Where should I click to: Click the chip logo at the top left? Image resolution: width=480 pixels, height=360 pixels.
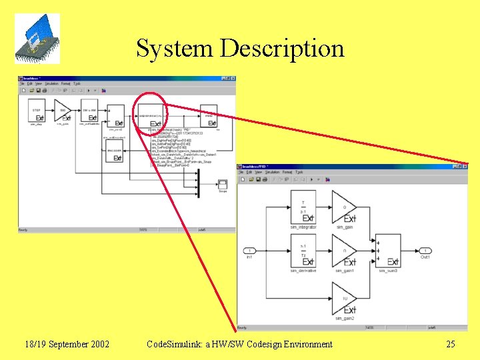point(37,38)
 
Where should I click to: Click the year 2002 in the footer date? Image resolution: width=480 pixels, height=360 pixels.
point(98,344)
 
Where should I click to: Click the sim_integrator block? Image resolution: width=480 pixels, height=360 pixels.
point(303,208)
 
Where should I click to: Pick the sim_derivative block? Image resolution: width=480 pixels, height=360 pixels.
point(303,251)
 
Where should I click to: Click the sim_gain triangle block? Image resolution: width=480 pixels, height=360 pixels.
point(344,208)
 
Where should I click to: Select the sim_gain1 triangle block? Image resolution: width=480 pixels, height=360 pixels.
point(344,251)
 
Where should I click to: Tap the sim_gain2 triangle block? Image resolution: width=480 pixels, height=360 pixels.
point(344,299)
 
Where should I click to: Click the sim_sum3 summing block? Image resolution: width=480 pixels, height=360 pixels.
point(388,251)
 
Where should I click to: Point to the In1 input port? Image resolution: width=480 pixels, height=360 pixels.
point(249,251)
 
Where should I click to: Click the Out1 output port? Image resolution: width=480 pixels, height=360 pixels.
point(425,251)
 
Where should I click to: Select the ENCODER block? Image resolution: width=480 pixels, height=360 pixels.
point(114,154)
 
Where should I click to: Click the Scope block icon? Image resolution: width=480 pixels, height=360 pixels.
point(223,184)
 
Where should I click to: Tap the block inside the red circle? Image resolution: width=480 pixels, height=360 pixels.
point(152,115)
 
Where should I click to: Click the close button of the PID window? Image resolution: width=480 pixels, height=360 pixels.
point(465,166)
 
